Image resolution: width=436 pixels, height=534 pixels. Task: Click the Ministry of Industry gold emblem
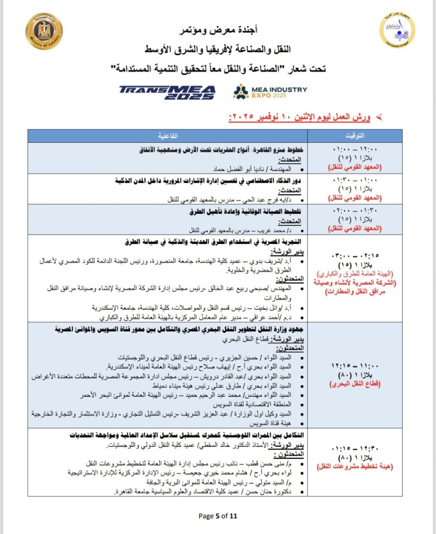tap(44, 31)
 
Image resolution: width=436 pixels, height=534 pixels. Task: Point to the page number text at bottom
tap(218, 516)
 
